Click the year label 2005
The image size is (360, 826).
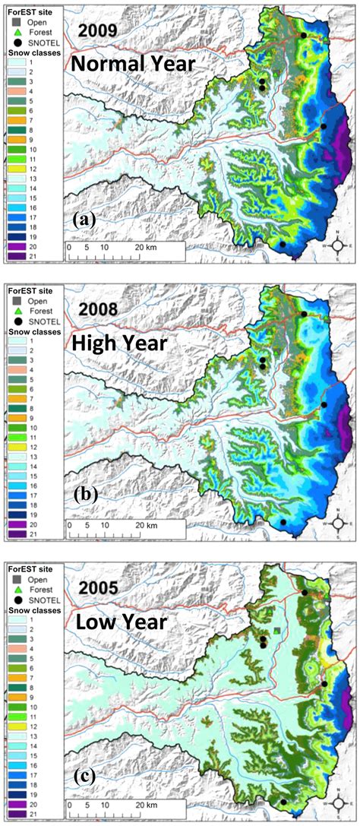pyautogui.click(x=97, y=587)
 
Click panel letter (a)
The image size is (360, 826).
pyautogui.click(x=83, y=220)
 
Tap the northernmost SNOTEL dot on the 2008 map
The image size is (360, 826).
pyautogui.click(x=304, y=314)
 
